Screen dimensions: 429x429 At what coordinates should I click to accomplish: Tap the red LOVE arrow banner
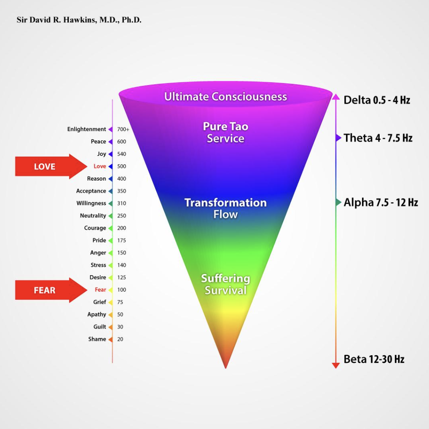(51, 166)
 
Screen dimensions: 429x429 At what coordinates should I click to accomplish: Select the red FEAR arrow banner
(51, 290)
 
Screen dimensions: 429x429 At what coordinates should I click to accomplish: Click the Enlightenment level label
(86, 129)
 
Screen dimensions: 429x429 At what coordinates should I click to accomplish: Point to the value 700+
(123, 129)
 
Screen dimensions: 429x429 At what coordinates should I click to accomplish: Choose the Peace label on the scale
(98, 142)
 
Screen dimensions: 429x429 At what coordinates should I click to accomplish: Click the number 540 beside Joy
(121, 154)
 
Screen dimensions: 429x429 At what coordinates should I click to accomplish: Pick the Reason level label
(97, 179)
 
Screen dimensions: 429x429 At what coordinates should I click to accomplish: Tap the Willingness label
(91, 203)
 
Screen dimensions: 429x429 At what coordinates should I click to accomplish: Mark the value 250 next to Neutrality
(121, 216)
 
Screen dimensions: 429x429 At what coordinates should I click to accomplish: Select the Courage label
(95, 228)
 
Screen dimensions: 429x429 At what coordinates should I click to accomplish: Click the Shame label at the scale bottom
(97, 339)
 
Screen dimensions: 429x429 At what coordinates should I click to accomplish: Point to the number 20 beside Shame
(120, 339)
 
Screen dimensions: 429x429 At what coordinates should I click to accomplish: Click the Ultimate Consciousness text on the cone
(225, 97)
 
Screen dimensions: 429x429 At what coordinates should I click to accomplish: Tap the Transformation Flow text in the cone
(225, 209)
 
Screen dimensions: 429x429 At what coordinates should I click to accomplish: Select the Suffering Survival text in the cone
(225, 284)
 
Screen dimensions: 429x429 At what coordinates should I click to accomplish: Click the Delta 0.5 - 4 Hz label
(377, 100)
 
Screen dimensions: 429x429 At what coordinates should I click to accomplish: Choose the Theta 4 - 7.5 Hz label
(378, 138)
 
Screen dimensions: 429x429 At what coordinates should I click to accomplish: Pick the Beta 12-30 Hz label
(374, 359)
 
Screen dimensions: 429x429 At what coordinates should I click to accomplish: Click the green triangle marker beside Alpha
(338, 202)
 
